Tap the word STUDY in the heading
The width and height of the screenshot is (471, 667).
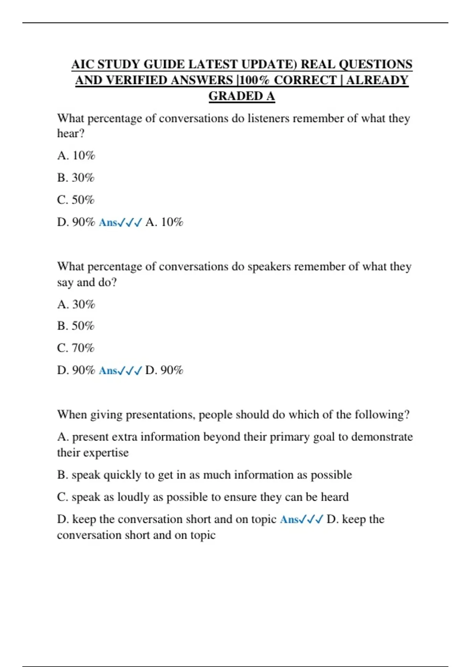point(119,64)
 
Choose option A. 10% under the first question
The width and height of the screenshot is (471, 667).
point(76,156)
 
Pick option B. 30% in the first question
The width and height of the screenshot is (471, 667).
point(76,178)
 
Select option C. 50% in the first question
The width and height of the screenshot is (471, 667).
point(76,200)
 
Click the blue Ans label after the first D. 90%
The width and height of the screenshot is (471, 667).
point(108,222)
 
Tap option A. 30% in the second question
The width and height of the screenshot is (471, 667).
point(76,304)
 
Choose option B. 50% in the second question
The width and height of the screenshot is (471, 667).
point(76,326)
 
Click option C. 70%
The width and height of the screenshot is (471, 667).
point(76,348)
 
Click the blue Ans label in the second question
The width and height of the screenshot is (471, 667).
point(108,370)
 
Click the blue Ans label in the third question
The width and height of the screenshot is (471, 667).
point(290,519)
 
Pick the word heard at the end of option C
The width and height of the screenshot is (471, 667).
point(334,497)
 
